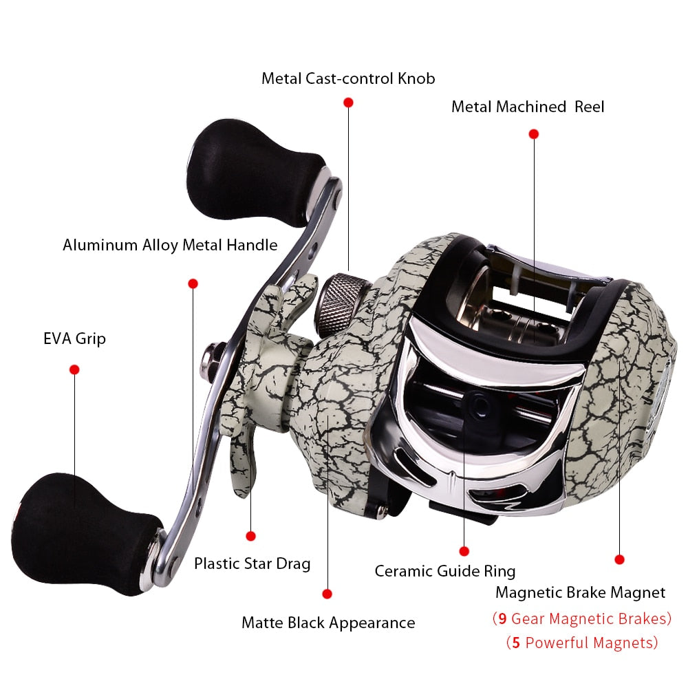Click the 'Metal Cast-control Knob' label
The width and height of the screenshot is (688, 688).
point(347,78)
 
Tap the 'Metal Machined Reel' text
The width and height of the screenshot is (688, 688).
point(528,107)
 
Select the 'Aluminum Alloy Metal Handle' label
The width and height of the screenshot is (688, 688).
point(170,245)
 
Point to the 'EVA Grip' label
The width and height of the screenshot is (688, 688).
point(74,338)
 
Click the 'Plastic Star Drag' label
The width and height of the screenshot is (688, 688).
point(252,564)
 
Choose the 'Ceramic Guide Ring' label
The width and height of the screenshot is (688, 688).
point(444,571)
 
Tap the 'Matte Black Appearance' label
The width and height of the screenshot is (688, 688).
point(328,623)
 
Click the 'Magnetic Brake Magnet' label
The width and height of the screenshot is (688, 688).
point(580,592)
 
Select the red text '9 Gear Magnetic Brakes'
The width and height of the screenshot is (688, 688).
point(581,619)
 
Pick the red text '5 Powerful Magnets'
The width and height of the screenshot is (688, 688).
point(581,643)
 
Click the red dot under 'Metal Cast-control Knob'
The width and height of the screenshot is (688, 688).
point(348,102)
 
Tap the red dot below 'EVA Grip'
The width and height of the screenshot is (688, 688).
point(74,369)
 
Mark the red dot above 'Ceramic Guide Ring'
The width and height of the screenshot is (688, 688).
point(464,551)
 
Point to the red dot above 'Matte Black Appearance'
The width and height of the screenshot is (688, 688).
point(327,594)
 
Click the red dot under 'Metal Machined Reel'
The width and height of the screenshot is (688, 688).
point(533,134)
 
